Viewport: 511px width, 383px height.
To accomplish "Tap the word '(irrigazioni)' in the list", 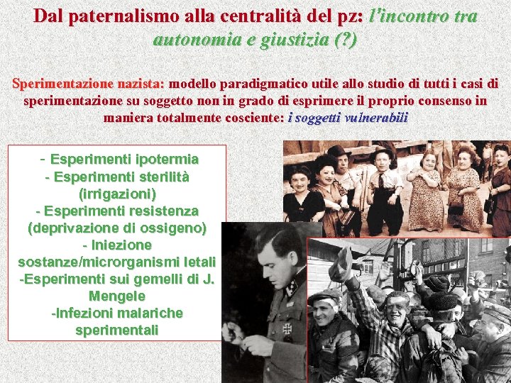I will (x=118, y=193).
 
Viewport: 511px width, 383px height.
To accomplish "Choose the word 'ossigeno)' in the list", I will (x=171, y=228).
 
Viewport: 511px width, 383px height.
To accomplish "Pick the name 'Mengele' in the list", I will (x=117, y=296).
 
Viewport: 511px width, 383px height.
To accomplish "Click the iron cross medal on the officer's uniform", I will (x=287, y=328).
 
